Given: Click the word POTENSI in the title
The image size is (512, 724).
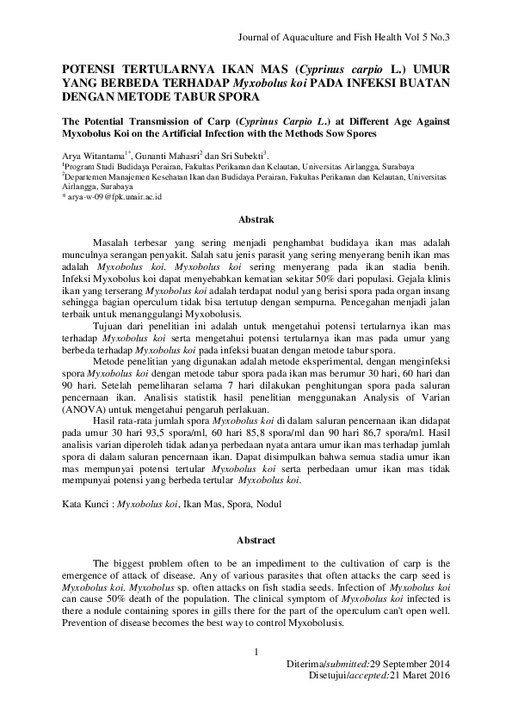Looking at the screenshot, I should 93,66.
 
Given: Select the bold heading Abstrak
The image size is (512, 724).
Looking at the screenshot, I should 256,219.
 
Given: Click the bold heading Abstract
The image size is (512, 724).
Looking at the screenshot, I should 256,540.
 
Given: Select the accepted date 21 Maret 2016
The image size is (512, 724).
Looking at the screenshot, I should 415,677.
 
